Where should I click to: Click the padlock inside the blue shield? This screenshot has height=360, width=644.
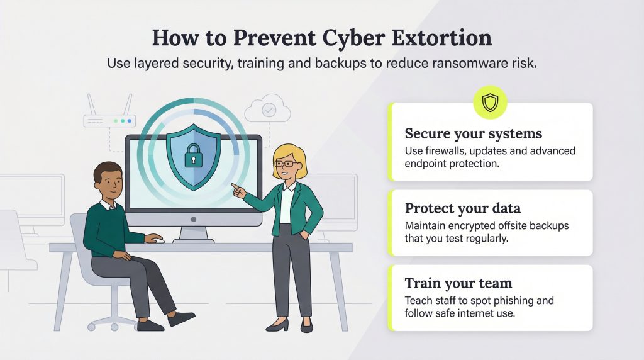194,154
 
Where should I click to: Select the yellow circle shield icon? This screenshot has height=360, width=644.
490,103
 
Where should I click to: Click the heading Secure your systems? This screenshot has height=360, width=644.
474,134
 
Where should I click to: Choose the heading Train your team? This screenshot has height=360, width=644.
458,284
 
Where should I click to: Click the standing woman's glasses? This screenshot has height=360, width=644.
287,164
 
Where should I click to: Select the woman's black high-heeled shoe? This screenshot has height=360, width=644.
278,324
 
